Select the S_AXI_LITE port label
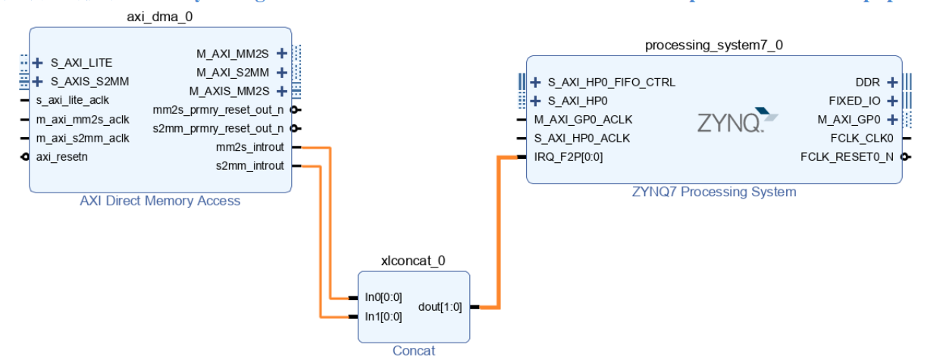(81, 62)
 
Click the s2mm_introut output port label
(250, 166)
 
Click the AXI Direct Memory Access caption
(160, 201)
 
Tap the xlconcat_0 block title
(414, 261)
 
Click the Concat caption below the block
(414, 351)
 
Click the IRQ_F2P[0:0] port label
(569, 157)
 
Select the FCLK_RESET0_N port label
(847, 157)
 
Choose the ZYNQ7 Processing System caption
(714, 192)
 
